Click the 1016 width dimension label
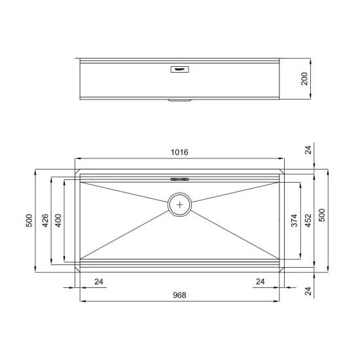pyautogui.click(x=179, y=152)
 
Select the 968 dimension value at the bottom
pyautogui.click(x=179, y=295)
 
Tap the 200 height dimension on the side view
pyautogui.click(x=303, y=79)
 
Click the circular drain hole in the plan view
pyautogui.click(x=180, y=204)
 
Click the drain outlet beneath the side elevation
pyautogui.click(x=179, y=100)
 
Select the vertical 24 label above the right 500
pyautogui.click(x=308, y=150)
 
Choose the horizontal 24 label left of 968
pyautogui.click(x=99, y=281)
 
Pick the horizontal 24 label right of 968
pyautogui.click(x=261, y=281)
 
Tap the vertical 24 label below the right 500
pyautogui.click(x=308, y=289)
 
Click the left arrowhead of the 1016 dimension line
pyautogui.click(x=78, y=158)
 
